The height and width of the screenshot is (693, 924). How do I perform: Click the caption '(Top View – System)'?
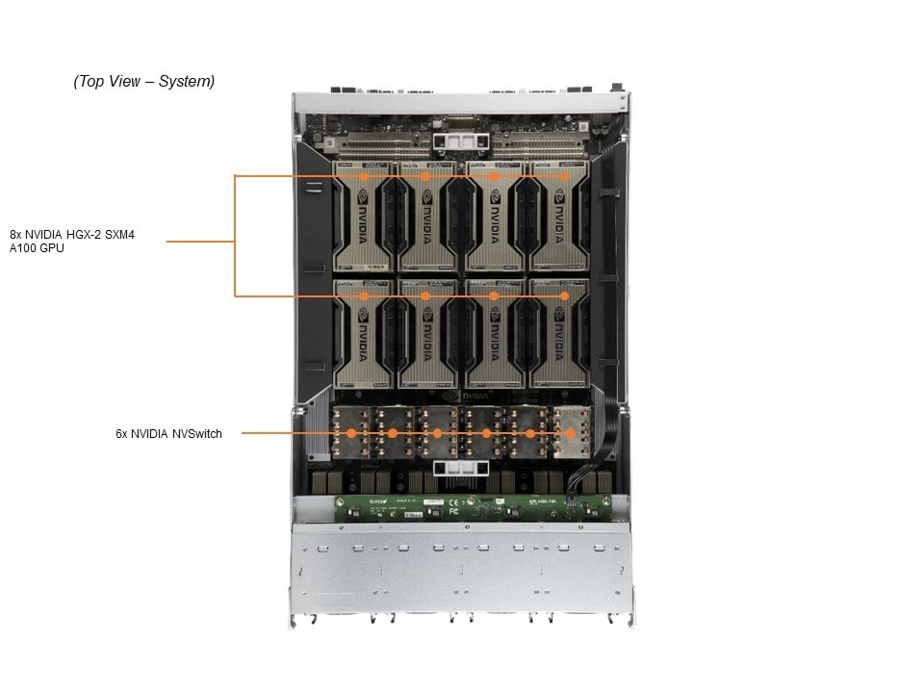click(144, 82)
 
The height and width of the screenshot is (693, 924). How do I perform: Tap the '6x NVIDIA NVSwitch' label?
click(168, 434)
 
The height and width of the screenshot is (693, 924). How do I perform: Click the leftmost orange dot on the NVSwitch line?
click(351, 434)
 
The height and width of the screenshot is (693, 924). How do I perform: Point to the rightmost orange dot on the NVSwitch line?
click(570, 434)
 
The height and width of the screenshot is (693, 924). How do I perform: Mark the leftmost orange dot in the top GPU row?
click(364, 176)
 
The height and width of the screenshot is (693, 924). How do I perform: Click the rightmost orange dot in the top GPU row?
click(564, 176)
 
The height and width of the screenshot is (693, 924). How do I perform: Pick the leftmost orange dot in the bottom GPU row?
click(364, 296)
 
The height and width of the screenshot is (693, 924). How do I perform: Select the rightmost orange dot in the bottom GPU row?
click(564, 296)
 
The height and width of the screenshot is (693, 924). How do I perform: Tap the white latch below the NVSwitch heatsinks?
click(461, 469)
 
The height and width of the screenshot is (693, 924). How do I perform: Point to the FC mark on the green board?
click(453, 511)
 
